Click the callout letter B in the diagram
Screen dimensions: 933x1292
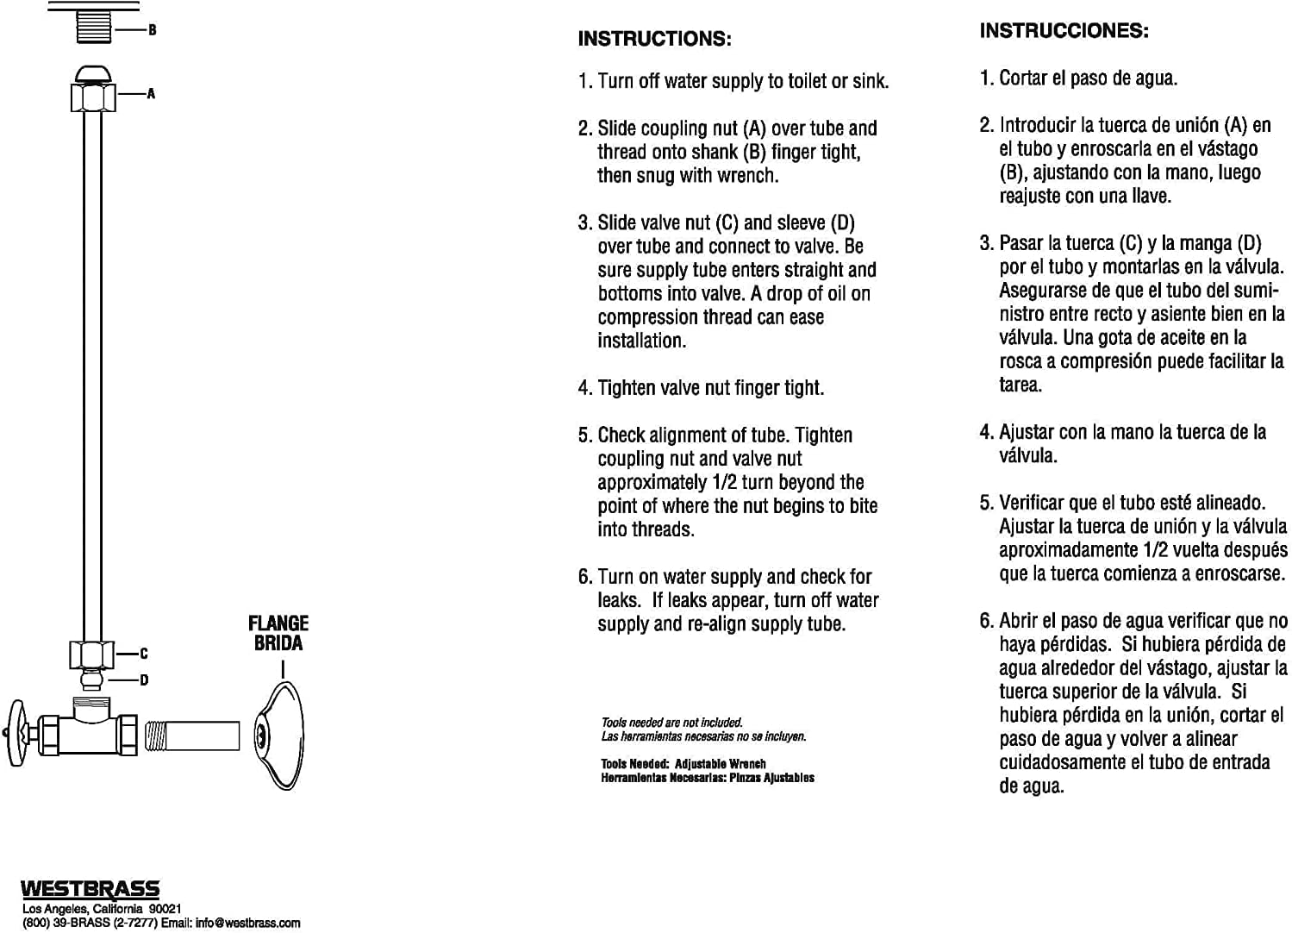point(153,30)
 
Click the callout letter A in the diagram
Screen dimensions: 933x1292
point(152,93)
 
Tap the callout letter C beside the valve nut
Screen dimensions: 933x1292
point(144,654)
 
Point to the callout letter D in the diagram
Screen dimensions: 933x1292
point(144,680)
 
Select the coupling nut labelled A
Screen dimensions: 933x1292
point(93,95)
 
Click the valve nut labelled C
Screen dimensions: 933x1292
point(91,654)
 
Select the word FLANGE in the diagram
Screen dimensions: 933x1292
point(278,623)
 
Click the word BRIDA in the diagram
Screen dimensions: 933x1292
point(278,643)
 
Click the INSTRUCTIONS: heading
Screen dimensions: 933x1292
point(654,39)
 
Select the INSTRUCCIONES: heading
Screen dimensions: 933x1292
point(1064,31)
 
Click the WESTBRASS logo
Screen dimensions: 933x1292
point(91,889)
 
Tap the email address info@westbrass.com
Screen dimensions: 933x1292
point(248,923)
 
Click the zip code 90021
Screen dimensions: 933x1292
point(165,909)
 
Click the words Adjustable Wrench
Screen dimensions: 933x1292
point(720,764)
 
